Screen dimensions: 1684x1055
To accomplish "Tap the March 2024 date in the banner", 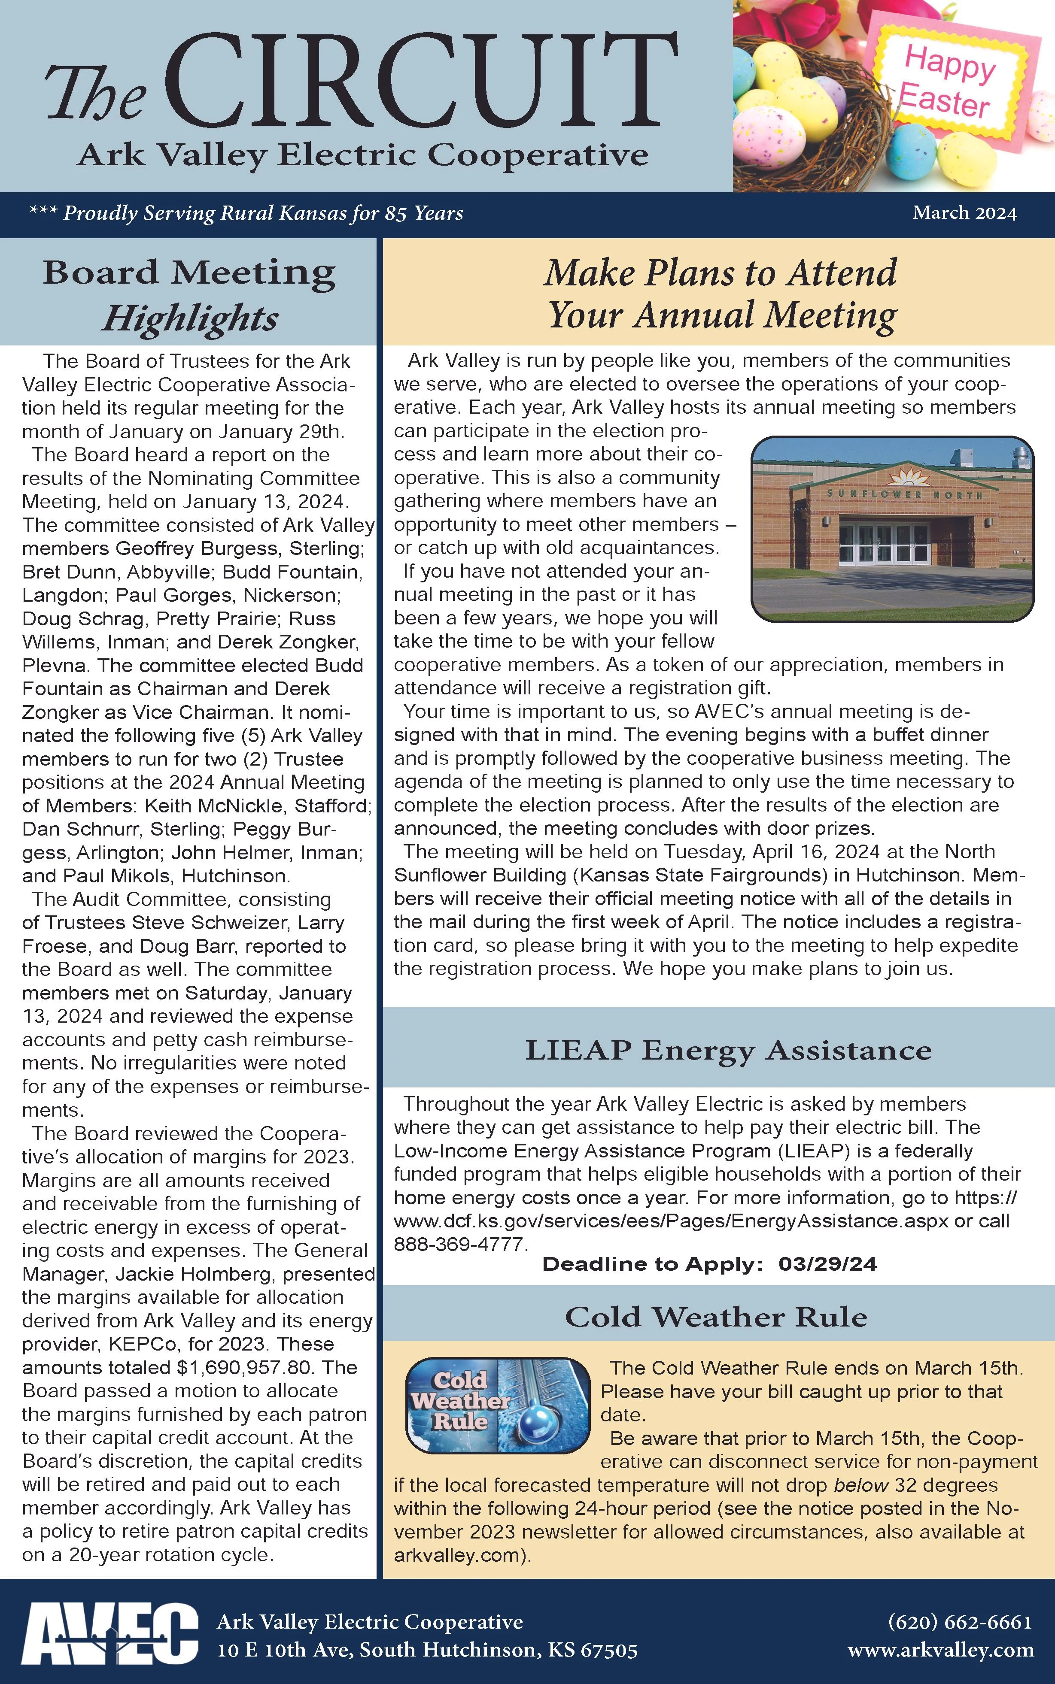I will tap(964, 213).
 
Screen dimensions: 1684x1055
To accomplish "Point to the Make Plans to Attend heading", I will tap(720, 273).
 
